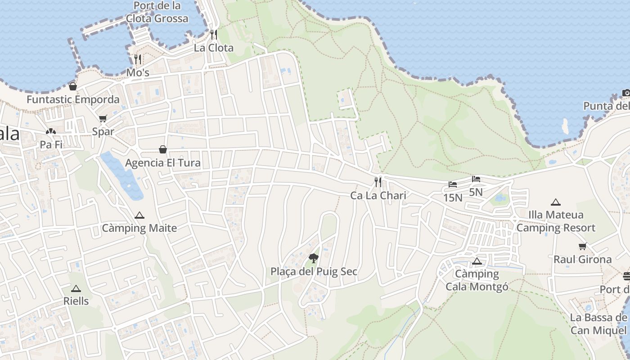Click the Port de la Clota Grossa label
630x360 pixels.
157,12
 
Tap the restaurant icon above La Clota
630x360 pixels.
214,34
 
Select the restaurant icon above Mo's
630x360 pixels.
138,59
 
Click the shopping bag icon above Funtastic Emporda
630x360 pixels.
73,86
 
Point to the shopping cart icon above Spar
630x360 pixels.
103,119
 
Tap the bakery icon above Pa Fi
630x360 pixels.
51,132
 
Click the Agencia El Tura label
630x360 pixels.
163,162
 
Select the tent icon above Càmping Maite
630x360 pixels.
139,216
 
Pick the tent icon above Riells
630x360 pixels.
76,288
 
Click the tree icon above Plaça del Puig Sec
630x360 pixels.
314,258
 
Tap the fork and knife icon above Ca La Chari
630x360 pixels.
378,182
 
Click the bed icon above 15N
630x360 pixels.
453,184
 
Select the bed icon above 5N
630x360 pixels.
476,179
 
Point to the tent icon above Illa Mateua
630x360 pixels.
556,202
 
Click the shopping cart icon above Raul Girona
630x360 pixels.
583,247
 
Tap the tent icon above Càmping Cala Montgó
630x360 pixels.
477,261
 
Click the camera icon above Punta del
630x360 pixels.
626,93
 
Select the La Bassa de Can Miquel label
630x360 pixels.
598,324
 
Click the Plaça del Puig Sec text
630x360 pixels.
314,271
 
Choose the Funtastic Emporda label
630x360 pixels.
73,99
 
